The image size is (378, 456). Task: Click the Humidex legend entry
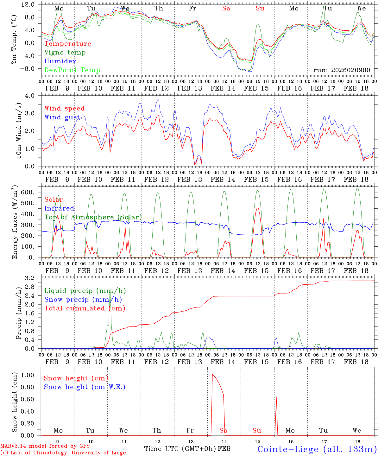(60, 61)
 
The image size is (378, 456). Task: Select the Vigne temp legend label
(65, 53)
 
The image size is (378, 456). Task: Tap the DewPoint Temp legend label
(72, 70)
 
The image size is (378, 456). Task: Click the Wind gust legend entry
(62, 117)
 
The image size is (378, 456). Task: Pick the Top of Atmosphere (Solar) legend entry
(93, 217)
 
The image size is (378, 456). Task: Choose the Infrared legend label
(59, 208)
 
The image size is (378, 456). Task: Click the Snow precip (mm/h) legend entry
(83, 300)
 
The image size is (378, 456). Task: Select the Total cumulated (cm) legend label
(85, 308)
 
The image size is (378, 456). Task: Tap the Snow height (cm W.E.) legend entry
(85, 387)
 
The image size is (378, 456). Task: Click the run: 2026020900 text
(342, 70)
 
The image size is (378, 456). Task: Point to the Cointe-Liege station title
(317, 449)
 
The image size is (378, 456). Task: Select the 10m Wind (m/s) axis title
(19, 130)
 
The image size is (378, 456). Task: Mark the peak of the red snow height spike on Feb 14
(212, 374)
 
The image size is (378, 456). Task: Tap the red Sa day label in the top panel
(226, 9)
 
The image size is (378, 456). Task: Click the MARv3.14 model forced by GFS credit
(45, 446)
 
